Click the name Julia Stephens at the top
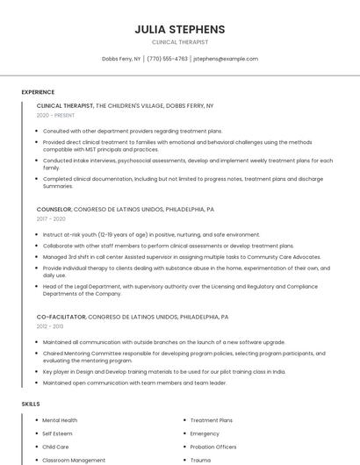(179, 29)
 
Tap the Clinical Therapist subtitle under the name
(179, 42)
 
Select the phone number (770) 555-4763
(167, 59)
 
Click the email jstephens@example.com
(226, 59)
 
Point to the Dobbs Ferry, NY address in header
(121, 59)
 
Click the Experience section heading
(38, 92)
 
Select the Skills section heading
(31, 404)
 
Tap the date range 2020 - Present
(56, 115)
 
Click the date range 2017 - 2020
(50, 219)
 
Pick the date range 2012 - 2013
(50, 325)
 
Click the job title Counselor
(54, 210)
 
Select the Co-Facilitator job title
(61, 316)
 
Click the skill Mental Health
(60, 420)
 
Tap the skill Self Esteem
(58, 433)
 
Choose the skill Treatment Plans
(212, 420)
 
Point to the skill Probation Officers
(214, 447)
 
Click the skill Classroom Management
(74, 460)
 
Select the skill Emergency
(205, 433)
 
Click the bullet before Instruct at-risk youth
(38, 235)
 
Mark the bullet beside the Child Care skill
(38, 447)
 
